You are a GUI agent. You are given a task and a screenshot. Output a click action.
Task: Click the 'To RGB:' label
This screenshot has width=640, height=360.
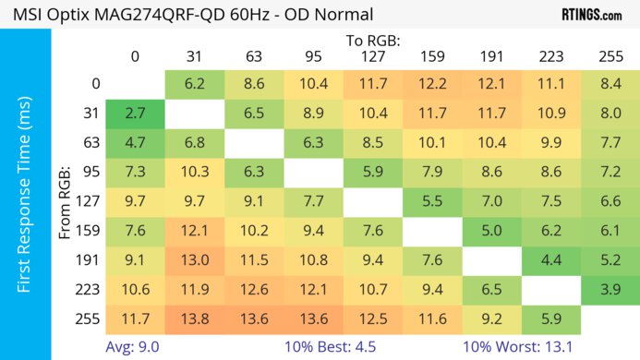tap(373, 41)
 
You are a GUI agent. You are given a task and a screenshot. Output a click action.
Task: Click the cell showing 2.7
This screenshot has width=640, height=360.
tap(135, 114)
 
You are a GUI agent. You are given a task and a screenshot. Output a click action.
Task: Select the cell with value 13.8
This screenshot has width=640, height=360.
tap(194, 318)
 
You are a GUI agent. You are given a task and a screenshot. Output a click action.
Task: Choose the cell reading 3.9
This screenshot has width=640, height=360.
tap(610, 289)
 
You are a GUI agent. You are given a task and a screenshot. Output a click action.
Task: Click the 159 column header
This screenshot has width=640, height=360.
tap(432, 56)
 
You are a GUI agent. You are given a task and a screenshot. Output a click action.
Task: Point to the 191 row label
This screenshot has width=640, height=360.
tap(90, 260)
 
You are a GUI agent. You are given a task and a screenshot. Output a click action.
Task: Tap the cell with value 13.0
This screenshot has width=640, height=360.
tap(194, 260)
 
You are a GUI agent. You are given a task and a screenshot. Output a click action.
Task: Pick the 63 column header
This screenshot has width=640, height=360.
tap(254, 56)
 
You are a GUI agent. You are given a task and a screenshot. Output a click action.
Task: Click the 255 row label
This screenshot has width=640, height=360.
tap(90, 318)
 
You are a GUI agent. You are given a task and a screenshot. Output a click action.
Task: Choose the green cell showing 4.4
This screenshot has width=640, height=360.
tap(551, 260)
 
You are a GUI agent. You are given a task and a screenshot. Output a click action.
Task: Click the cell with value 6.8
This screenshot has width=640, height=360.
tap(194, 143)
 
